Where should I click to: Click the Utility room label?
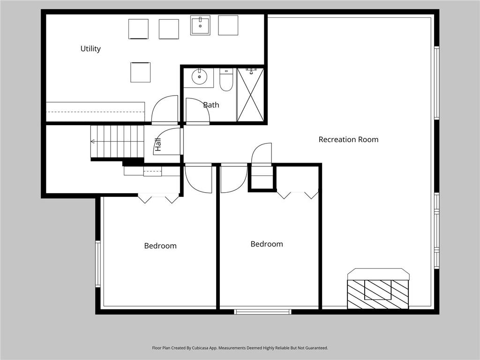(90, 49)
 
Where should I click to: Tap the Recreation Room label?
(348, 139)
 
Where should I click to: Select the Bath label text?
(211, 105)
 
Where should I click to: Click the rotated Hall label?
(158, 144)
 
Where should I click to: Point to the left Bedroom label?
(160, 246)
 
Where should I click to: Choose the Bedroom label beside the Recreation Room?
(267, 244)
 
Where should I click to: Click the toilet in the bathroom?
(226, 80)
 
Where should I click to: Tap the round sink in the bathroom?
(199, 76)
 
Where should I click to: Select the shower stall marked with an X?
(250, 95)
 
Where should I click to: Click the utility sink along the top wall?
(200, 25)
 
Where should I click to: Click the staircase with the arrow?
(117, 141)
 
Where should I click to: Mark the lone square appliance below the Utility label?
(141, 72)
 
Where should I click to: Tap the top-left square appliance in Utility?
(138, 29)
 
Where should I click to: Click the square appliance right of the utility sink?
(228, 25)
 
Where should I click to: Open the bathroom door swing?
(197, 110)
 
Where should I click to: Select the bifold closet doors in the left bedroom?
(158, 198)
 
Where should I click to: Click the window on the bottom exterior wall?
(262, 311)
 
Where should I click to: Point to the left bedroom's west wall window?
(98, 263)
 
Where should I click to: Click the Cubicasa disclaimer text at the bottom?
(240, 348)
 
